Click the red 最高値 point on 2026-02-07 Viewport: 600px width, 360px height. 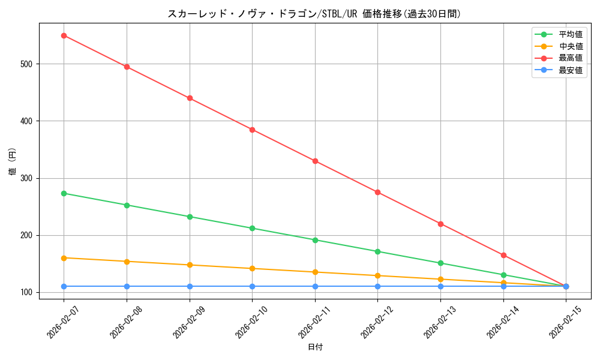tap(64, 35)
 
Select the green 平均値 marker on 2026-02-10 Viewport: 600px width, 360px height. tap(252, 228)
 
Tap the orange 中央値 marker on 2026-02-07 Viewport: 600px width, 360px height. tap(64, 258)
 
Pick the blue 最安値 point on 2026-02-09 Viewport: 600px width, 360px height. tap(190, 286)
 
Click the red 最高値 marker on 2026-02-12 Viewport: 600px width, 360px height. tap(377, 192)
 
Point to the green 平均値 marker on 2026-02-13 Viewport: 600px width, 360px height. tap(440, 263)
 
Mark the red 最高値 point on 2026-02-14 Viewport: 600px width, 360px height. tap(503, 255)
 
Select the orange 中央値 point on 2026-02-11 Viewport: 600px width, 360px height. tap(315, 272)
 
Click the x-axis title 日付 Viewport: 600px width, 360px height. tap(315, 347)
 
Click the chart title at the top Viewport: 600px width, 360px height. tap(314, 14)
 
